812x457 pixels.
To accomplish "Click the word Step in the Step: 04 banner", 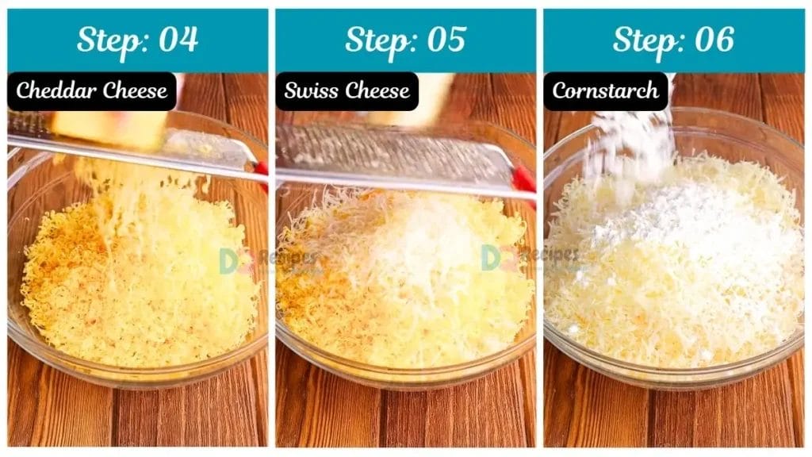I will tap(105, 40).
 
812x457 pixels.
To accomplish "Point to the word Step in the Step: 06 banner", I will tap(641, 40).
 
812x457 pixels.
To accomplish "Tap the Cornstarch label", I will tap(605, 90).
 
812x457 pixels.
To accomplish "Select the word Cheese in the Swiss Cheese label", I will tap(379, 90).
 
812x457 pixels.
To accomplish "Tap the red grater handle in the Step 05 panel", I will tap(523, 179).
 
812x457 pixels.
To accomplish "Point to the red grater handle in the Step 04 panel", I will tap(261, 170).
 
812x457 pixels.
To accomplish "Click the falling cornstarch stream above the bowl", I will tap(630, 143).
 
